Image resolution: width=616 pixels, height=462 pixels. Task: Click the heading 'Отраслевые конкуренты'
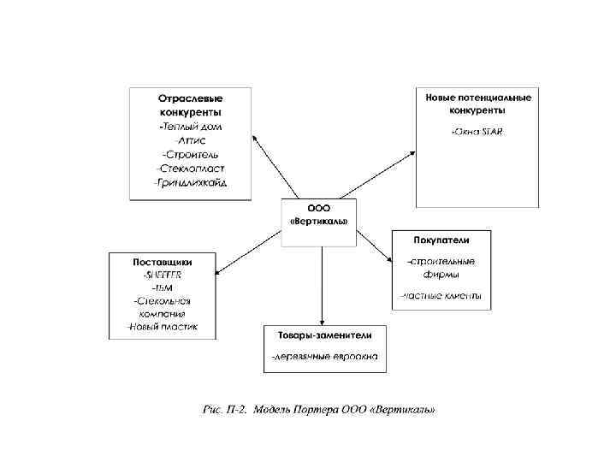pos(190,105)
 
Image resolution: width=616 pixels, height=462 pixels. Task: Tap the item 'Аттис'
pos(190,140)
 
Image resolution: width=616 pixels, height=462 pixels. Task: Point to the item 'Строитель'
pos(190,155)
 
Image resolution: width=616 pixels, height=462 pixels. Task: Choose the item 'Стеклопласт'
pos(190,169)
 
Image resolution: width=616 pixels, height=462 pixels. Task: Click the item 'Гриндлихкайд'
pos(190,183)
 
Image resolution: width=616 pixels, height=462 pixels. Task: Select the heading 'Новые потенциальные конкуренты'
pos(478,104)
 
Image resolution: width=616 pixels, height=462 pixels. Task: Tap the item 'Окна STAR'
pos(478,132)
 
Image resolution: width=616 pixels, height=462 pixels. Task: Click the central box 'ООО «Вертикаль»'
pos(318,214)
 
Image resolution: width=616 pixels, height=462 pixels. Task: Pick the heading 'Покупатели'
pos(441,240)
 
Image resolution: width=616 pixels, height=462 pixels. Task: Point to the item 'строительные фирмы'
pos(441,268)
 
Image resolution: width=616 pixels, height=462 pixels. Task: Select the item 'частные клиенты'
pos(441,297)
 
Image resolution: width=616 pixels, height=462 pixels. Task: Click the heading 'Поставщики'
pos(162,261)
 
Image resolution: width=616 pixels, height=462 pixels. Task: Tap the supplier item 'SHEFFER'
pos(162,275)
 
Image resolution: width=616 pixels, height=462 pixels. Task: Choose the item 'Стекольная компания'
pos(162,307)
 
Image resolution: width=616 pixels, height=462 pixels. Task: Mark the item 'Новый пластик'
pos(162,327)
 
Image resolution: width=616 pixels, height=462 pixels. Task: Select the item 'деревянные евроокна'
pos(324,356)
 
